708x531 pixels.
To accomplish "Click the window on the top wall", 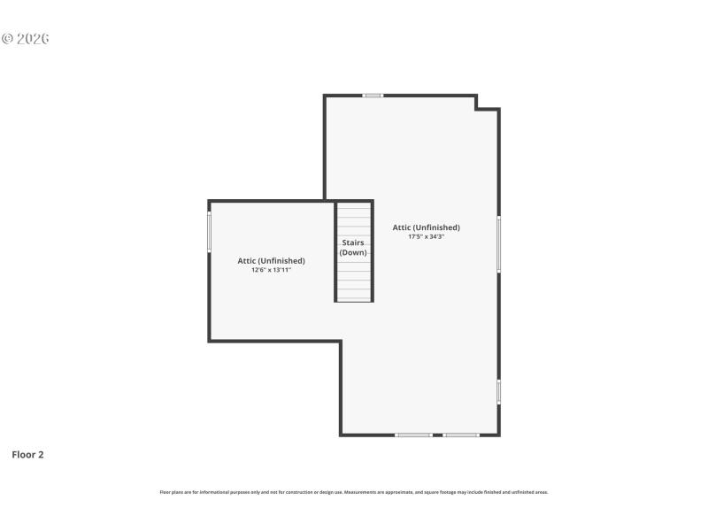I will [x=373, y=96].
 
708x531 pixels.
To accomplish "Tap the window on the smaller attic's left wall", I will [x=210, y=232].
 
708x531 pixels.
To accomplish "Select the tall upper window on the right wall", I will [x=498, y=244].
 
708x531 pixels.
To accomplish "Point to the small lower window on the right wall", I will [x=498, y=392].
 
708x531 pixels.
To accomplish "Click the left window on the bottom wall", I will [x=413, y=435].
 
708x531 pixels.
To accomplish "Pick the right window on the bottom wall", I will [x=461, y=435].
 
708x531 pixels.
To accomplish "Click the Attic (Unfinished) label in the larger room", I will [x=426, y=227].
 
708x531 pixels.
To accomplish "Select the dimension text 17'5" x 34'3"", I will [x=426, y=237].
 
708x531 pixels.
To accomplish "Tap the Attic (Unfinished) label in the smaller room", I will [x=271, y=260].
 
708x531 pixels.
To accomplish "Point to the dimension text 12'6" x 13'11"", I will [x=271, y=270].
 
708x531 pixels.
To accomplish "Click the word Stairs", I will [x=353, y=242].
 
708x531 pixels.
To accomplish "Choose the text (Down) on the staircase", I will [x=353, y=253].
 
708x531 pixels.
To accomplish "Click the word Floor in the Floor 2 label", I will [x=23, y=455].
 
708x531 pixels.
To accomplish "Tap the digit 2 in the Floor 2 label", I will [x=41, y=455].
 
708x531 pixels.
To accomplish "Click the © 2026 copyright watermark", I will [x=25, y=39].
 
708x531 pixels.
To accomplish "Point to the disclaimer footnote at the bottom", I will [x=353, y=492].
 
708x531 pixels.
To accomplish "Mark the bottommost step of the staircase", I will [x=353, y=296].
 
